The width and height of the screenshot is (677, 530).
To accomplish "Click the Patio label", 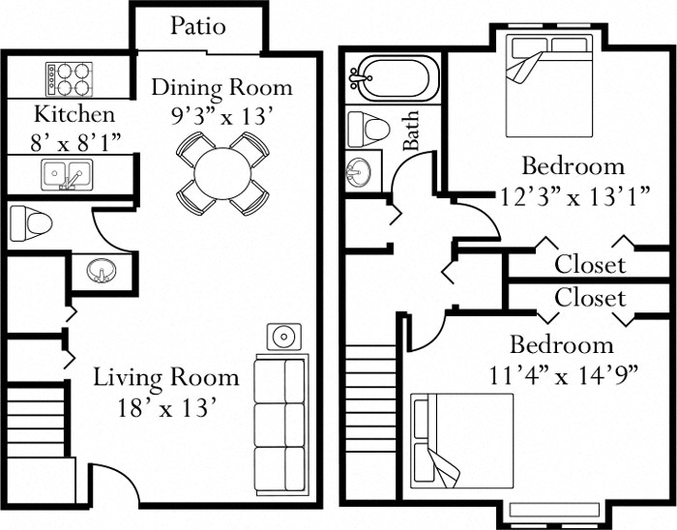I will click(x=198, y=26).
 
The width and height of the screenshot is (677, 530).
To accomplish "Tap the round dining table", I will click(x=221, y=173).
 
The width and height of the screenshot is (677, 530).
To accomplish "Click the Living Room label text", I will click(x=165, y=376).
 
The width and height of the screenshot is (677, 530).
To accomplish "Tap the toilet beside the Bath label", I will click(x=368, y=126).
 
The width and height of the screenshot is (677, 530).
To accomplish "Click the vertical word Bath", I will click(x=412, y=130).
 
